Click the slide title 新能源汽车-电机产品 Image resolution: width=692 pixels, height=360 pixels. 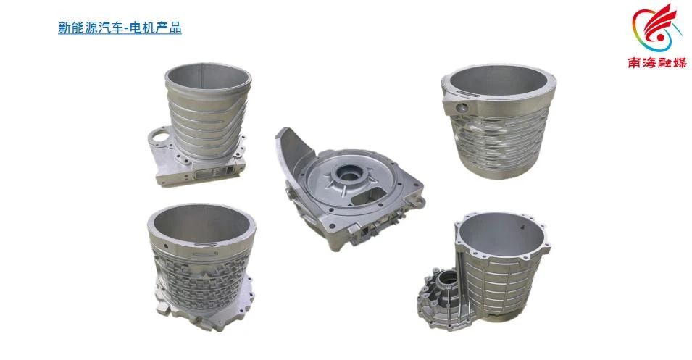point(120,28)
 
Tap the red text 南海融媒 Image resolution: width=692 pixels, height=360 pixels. point(657,63)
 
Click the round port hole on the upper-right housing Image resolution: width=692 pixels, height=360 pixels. point(462,106)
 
